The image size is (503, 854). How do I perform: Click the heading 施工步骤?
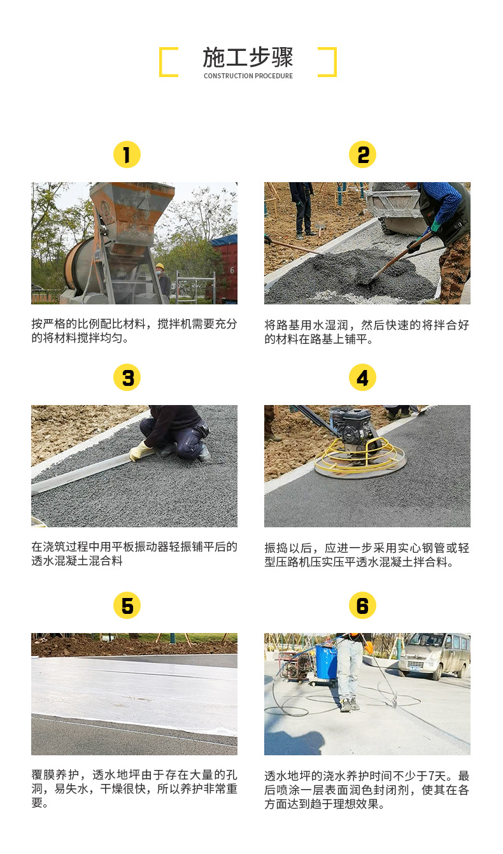[x=248, y=57]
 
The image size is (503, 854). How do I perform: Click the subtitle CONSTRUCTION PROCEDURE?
[x=248, y=76]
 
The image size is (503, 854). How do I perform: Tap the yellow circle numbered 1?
[x=127, y=155]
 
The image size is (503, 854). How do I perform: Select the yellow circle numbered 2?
[x=362, y=155]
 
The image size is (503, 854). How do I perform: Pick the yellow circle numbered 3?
[x=127, y=378]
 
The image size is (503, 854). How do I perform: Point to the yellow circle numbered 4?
[x=362, y=378]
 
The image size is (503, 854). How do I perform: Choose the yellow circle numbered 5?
[x=127, y=605]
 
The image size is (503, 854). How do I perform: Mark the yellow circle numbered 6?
[x=362, y=605]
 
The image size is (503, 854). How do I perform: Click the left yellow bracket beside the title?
[x=167, y=62]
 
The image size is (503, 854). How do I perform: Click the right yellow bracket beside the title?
[x=328, y=62]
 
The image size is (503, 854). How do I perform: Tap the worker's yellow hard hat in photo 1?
[x=160, y=266]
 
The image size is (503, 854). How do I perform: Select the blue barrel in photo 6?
[x=326, y=662]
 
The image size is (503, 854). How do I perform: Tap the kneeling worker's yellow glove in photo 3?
[x=139, y=452]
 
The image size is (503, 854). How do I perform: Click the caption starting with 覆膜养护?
[x=134, y=788]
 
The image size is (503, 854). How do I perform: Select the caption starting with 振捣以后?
[x=367, y=555]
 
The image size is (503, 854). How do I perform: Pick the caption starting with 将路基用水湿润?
[x=367, y=332]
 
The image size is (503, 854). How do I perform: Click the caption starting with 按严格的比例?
[x=134, y=331]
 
